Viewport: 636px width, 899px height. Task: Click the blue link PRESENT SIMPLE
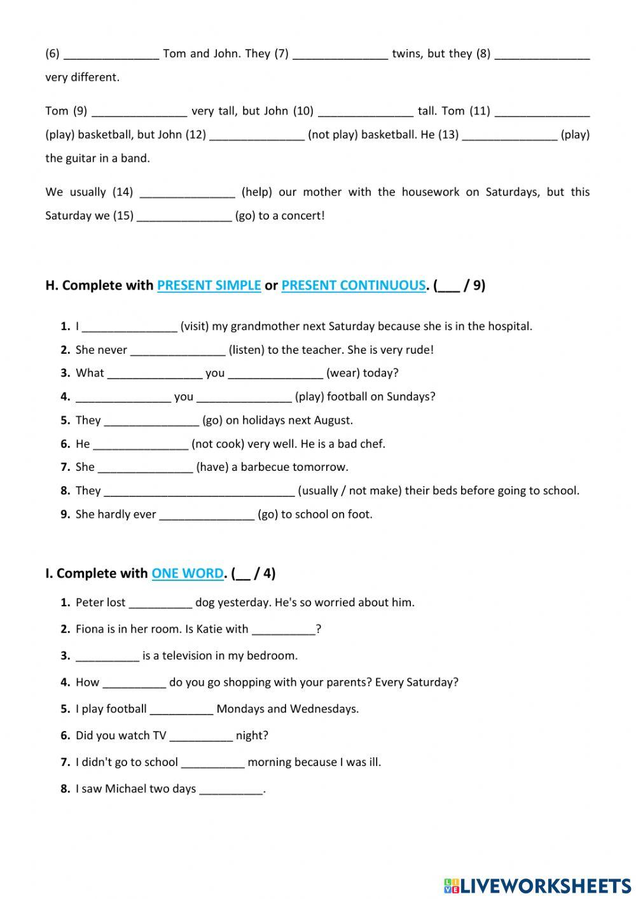209,286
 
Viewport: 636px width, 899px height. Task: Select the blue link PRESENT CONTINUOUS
353,286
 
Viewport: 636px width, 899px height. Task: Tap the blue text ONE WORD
187,573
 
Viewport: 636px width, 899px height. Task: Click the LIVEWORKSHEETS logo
537,885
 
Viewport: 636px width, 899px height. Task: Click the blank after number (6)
111,54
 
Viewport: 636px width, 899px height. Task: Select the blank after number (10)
365,111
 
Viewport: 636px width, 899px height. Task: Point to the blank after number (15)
184,216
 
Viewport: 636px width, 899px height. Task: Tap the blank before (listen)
177,350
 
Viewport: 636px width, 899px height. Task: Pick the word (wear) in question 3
344,373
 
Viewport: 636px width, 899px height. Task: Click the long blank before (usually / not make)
199,491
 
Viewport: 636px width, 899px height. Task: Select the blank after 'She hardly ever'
207,515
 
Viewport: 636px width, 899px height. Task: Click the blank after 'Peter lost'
160,603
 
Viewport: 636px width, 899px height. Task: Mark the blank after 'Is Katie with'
283,630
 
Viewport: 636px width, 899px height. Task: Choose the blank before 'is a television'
107,657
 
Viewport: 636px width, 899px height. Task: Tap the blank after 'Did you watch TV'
201,736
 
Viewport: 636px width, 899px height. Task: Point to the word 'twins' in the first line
406,54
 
